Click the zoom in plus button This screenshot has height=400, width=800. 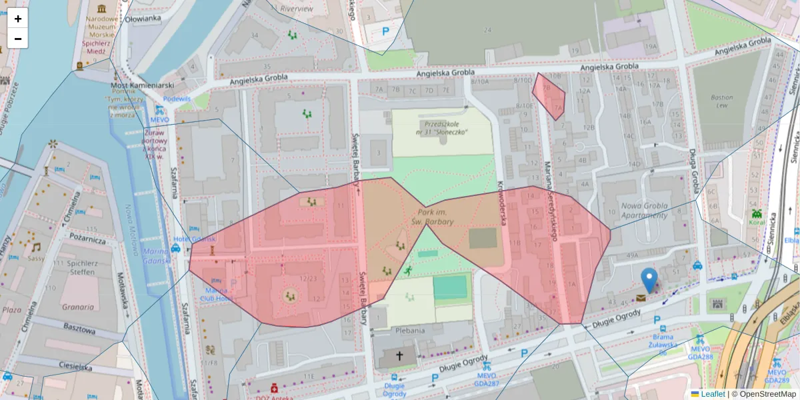coord(17,19)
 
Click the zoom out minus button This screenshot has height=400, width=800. coord(17,39)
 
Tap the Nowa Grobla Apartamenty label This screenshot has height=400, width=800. coord(644,210)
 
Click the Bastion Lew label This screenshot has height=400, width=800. coord(722,101)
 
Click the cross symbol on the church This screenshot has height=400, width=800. coord(400,356)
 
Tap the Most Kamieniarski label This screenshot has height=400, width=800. coord(142,86)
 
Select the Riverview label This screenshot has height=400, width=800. coord(297,9)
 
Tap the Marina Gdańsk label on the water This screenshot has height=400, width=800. coord(157,255)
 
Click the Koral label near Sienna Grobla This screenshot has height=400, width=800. coord(757,223)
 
